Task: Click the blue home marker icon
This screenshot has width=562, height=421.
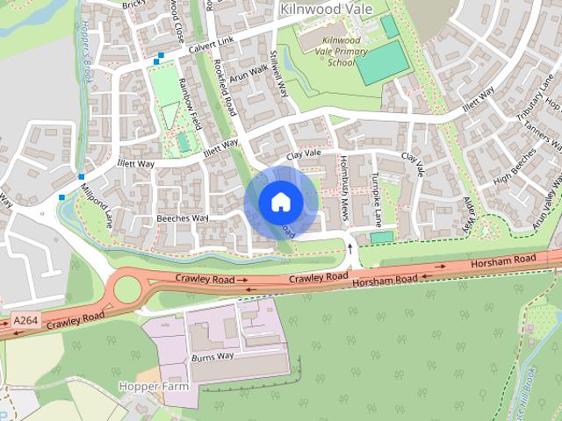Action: (x=279, y=202)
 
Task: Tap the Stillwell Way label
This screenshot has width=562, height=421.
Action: (x=278, y=75)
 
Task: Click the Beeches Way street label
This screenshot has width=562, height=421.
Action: (x=182, y=218)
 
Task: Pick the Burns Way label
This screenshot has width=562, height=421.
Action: (x=212, y=357)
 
